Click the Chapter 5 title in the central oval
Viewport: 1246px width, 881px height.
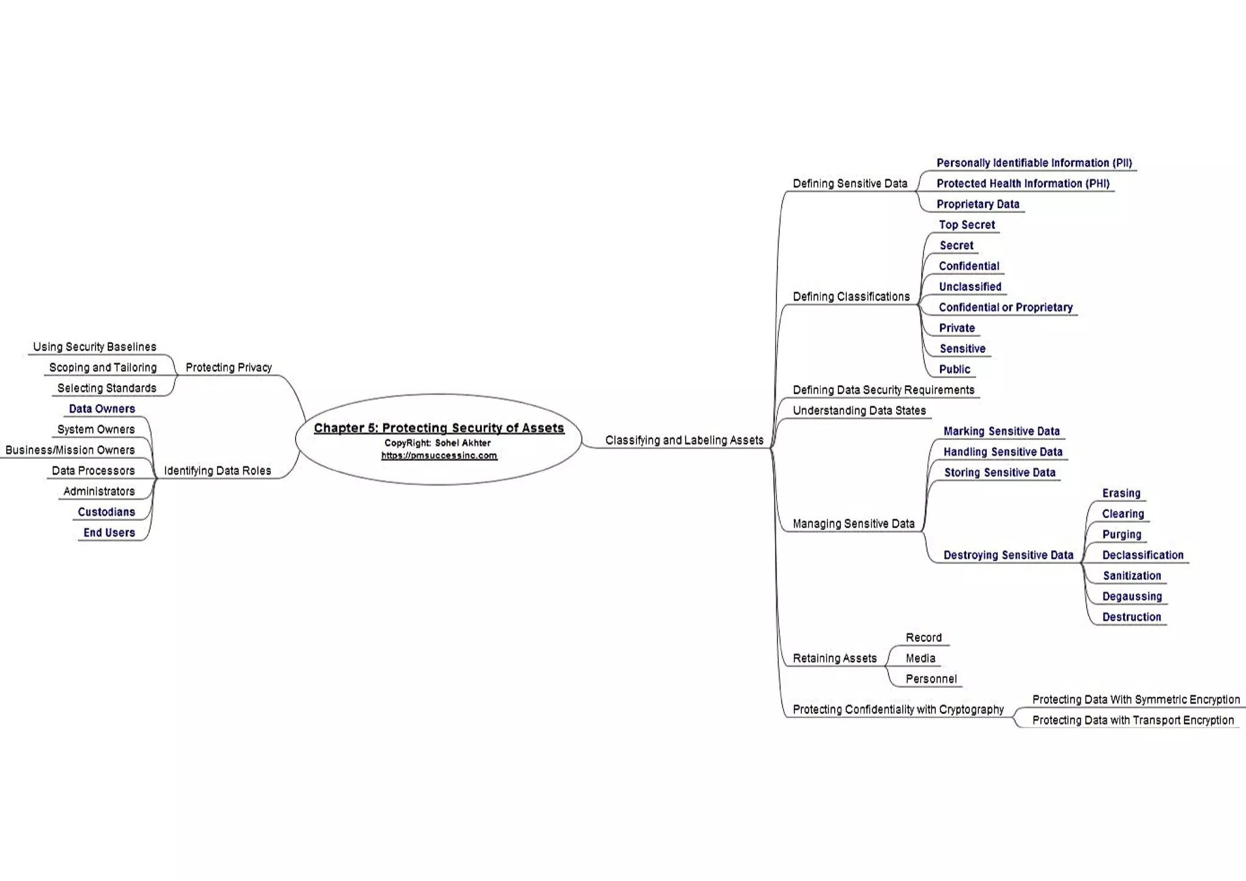[439, 428]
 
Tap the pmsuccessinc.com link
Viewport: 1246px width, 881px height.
[439, 456]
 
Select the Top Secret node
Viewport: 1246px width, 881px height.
[966, 225]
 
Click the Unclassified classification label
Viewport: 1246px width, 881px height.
[969, 287]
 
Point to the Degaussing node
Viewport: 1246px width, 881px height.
[1132, 596]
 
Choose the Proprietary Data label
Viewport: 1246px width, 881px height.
[977, 204]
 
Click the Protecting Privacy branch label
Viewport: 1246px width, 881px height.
[228, 367]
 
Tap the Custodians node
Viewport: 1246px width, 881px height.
[106, 512]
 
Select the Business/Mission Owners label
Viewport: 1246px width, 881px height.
[70, 450]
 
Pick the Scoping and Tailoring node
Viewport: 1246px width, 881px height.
[103, 367]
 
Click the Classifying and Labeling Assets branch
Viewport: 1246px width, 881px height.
[684, 440]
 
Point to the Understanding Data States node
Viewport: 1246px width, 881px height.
[858, 411]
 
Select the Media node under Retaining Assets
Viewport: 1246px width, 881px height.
[920, 658]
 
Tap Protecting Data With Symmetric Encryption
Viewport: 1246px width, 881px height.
[1135, 700]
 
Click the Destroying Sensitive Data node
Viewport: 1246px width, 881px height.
[1008, 555]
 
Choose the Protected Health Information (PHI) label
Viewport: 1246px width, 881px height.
[1022, 183]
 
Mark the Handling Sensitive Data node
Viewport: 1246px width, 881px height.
[1002, 452]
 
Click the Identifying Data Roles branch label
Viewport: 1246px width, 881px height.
[217, 471]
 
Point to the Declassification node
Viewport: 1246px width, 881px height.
[1142, 555]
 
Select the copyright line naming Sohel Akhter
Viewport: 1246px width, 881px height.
[437, 443]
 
